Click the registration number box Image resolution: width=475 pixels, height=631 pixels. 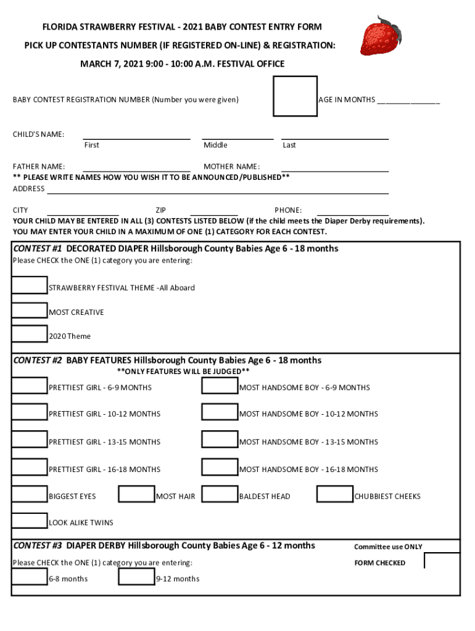coord(295,96)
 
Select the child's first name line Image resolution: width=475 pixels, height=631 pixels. coord(136,138)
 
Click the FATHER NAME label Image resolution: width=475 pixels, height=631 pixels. coord(39,166)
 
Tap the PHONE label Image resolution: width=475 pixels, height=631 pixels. coord(288,210)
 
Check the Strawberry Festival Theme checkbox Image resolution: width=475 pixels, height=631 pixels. coord(29,285)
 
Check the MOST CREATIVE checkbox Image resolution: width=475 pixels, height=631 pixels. coord(29,310)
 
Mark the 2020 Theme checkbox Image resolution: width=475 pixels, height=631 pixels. coord(29,334)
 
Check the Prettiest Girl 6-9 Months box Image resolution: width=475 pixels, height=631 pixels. coord(29,385)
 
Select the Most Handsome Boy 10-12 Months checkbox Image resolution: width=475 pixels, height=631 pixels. coord(220,412)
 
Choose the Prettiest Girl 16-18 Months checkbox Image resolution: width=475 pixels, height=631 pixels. coord(29,467)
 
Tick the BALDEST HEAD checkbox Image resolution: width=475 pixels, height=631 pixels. coord(220,494)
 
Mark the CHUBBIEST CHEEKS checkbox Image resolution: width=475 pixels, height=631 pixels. coord(335,494)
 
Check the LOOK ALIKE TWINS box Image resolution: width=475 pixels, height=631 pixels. coord(29,521)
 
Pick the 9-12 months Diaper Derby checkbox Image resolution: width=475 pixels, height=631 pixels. coord(136,577)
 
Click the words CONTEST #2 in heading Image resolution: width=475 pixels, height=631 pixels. coord(38,360)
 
